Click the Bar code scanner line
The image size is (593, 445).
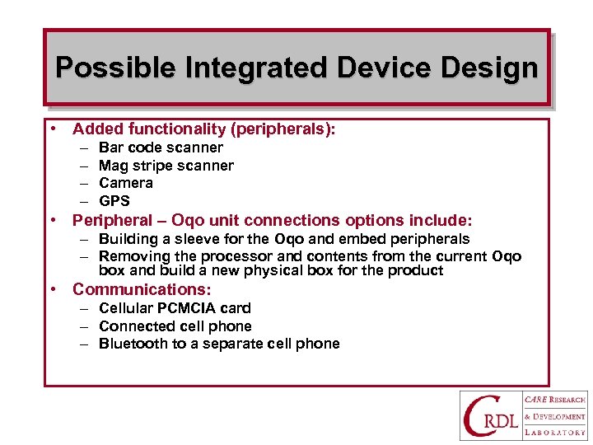click(161, 148)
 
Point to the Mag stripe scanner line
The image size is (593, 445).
click(166, 166)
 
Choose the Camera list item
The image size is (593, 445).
click(125, 183)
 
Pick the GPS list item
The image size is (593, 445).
click(114, 201)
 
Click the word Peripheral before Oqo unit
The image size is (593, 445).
click(112, 220)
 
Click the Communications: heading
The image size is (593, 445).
click(142, 289)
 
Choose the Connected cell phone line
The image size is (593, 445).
click(175, 326)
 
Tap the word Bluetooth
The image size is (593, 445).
click(133, 344)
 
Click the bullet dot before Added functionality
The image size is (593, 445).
click(53, 129)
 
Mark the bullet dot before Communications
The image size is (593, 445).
click(53, 290)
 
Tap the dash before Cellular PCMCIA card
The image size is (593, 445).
click(84, 308)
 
